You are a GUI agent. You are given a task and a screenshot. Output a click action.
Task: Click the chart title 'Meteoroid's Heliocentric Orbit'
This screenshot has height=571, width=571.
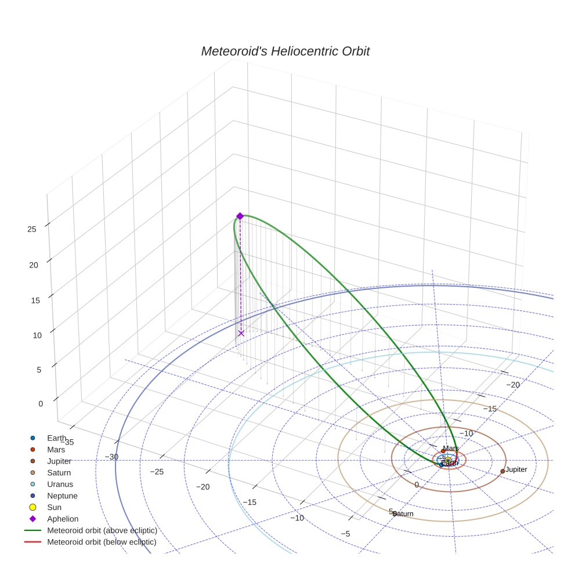pyautogui.click(x=285, y=52)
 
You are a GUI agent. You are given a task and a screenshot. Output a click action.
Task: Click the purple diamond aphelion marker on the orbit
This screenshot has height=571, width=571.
pyautogui.click(x=240, y=216)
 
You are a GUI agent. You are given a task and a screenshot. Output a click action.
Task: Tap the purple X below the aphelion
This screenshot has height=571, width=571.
pyautogui.click(x=241, y=333)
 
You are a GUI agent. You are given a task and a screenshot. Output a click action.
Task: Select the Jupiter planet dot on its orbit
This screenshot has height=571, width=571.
pyautogui.click(x=503, y=471)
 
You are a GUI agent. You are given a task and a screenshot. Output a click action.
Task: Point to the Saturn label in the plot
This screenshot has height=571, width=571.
pyautogui.click(x=403, y=514)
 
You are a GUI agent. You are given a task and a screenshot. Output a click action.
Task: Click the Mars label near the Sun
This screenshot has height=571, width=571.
pyautogui.click(x=451, y=449)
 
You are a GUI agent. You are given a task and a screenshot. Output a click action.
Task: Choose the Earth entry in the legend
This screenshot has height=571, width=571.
pyautogui.click(x=56, y=438)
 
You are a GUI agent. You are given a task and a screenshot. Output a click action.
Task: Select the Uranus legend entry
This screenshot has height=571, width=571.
pyautogui.click(x=60, y=484)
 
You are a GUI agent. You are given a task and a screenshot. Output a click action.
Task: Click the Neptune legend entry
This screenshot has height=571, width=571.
pyautogui.click(x=62, y=496)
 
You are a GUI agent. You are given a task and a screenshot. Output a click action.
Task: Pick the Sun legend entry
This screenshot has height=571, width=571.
pyautogui.click(x=55, y=507)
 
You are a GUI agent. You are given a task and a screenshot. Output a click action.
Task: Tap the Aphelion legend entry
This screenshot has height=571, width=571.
pyautogui.click(x=63, y=519)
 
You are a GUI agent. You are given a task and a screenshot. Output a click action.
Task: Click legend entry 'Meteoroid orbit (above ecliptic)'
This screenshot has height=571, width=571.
pyautogui.click(x=102, y=530)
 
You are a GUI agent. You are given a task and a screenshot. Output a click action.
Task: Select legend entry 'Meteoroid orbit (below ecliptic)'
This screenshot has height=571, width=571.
pyautogui.click(x=102, y=542)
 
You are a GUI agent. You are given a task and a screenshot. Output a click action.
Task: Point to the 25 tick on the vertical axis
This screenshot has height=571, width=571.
pyautogui.click(x=32, y=229)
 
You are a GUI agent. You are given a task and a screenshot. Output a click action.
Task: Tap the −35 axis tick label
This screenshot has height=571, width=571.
pyautogui.click(x=66, y=442)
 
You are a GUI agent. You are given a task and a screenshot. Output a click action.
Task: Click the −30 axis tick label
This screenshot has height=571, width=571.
pyautogui.click(x=111, y=457)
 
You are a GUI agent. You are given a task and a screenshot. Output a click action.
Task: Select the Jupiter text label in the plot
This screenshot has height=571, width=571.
pyautogui.click(x=516, y=469)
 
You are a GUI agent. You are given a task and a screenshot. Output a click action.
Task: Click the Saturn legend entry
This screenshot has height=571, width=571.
pyautogui.click(x=59, y=472)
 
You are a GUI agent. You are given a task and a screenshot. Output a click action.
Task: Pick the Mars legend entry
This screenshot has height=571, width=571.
pyautogui.click(x=56, y=450)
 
